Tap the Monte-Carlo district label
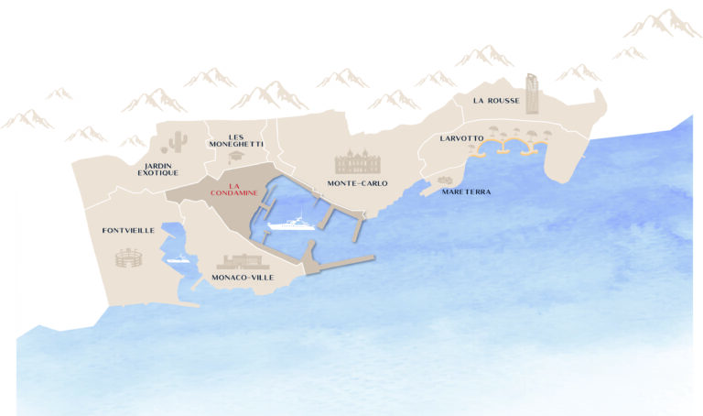(357, 183)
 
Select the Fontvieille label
(128, 231)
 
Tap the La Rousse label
(494, 100)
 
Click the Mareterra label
(466, 192)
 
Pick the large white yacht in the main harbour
(291, 223)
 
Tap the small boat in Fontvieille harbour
(178, 259)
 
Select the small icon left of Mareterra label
(446, 181)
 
